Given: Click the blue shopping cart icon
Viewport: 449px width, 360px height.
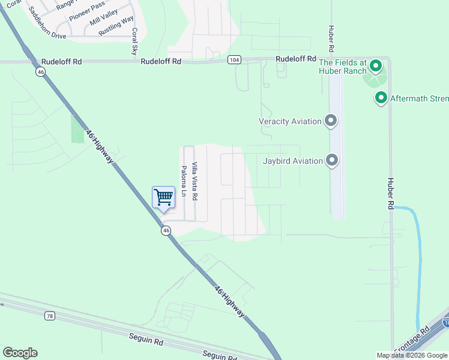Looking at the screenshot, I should [x=163, y=198].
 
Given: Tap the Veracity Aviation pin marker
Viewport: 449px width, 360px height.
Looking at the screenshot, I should [x=330, y=121].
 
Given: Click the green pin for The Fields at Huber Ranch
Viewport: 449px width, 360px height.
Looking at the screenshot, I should [x=376, y=65].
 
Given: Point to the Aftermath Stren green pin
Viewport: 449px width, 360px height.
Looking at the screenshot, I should [x=380, y=98].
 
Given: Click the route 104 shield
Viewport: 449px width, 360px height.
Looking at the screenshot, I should [x=235, y=60].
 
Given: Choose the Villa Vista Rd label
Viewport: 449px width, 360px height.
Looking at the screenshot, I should [x=194, y=181].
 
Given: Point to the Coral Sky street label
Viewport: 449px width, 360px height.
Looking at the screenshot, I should [x=134, y=41].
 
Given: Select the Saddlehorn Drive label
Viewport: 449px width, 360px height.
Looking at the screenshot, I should [x=42, y=36].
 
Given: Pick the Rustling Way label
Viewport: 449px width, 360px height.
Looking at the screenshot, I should [x=116, y=27].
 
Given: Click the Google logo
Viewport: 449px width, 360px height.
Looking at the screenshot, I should [x=20, y=353].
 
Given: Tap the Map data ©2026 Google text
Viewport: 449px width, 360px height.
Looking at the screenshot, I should [x=411, y=355].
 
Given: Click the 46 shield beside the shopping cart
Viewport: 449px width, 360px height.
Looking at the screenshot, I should [x=166, y=230].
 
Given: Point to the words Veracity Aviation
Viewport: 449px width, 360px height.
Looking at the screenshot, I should [x=291, y=121].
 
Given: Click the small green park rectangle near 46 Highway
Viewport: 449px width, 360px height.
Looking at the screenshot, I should [x=78, y=128].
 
